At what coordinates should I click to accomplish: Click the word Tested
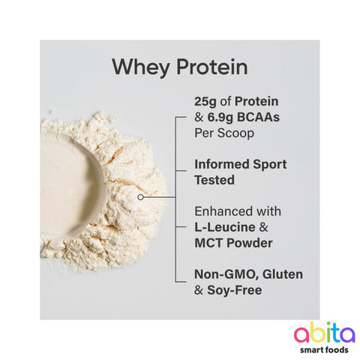click(x=214, y=180)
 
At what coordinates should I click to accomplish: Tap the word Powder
click(x=250, y=242)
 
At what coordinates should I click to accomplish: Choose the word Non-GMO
click(x=223, y=274)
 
